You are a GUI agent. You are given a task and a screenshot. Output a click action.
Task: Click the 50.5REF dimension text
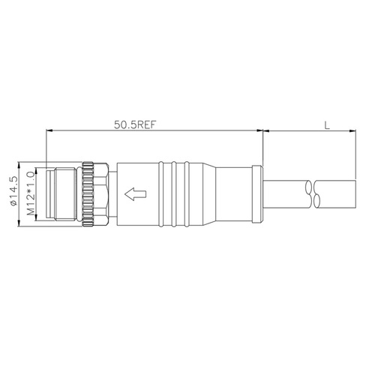coord(135,124)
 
